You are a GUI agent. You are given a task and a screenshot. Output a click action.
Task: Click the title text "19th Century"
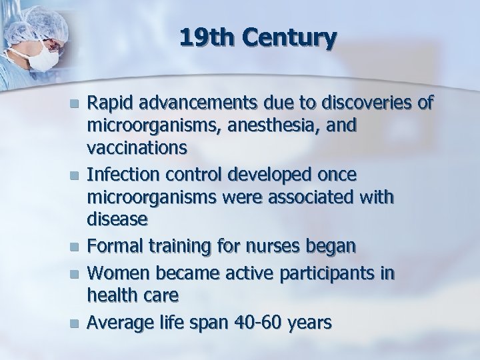257,38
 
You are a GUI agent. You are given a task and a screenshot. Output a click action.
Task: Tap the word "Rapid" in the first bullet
110,103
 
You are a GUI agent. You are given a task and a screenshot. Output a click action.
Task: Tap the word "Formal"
115,247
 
